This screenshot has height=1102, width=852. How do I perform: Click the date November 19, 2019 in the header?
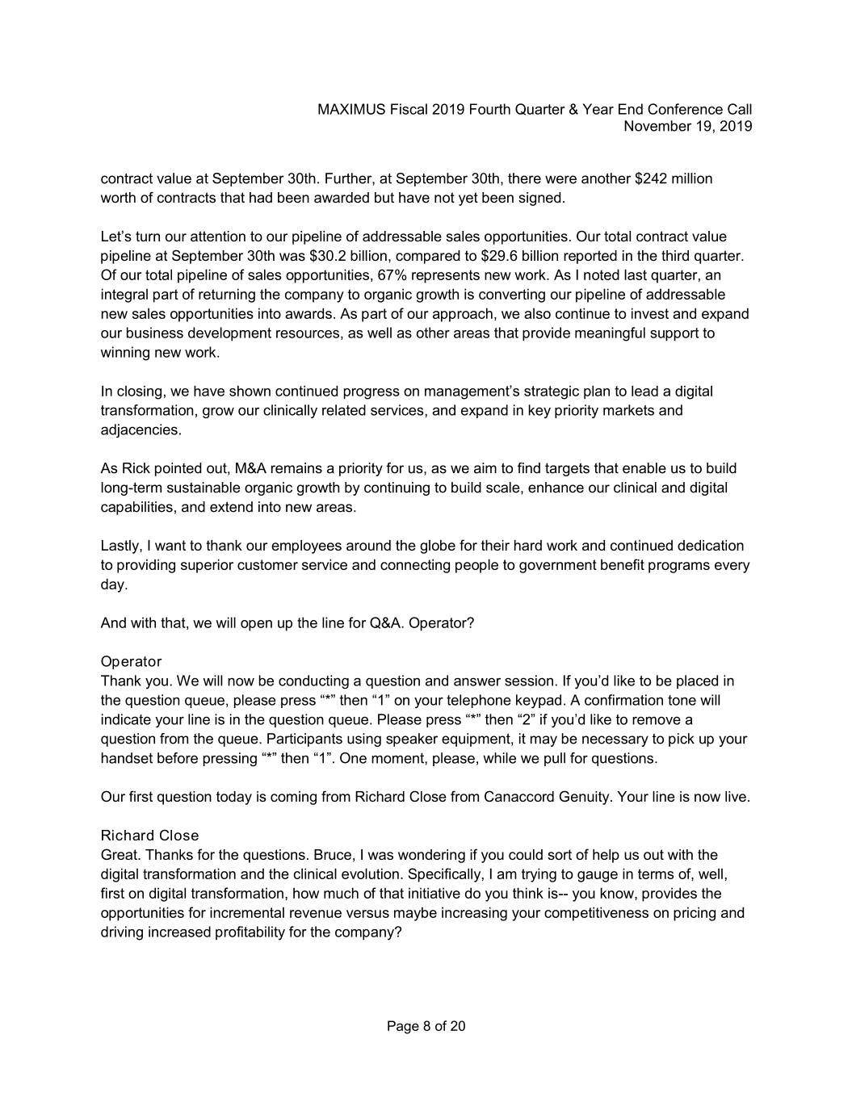point(688,126)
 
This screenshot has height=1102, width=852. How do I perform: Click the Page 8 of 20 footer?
point(426,1026)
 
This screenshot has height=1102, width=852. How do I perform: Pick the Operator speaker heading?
point(131,662)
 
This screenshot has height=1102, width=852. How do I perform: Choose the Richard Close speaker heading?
point(149,836)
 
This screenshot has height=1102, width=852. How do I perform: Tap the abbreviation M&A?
point(250,468)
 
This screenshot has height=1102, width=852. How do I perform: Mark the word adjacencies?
point(141,430)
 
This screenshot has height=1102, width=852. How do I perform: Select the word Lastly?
point(120,546)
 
